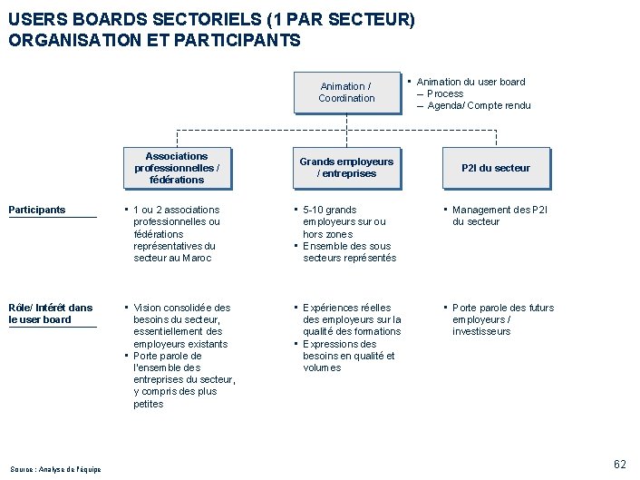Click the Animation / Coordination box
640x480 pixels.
tap(346, 93)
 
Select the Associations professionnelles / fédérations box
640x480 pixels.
tap(177, 168)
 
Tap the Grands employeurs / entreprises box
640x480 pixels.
tap(346, 168)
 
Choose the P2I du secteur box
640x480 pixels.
tap(496, 168)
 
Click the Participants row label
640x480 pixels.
tap(37, 210)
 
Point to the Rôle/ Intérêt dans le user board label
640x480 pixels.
tap(51, 313)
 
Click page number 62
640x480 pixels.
tap(620, 464)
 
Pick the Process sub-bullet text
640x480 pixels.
tap(445, 93)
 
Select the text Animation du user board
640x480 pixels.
tap(470, 82)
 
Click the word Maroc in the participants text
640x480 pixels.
tap(196, 258)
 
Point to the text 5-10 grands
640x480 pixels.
tap(330, 210)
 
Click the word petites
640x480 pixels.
tap(149, 404)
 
